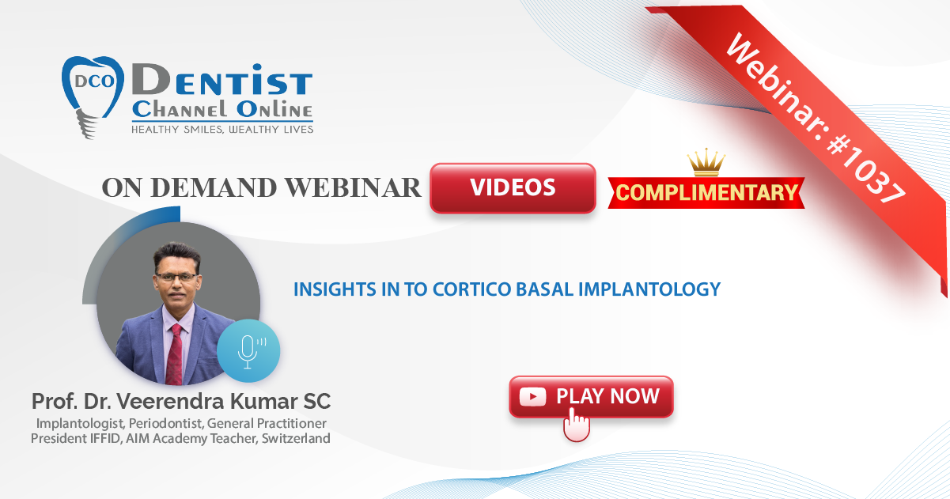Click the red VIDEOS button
513,187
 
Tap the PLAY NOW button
591,397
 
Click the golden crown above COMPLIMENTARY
706,162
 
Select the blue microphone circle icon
248,351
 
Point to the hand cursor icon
576,425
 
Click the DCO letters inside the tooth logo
94,81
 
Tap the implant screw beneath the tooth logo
86,124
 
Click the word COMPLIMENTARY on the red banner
706,192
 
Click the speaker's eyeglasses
176,278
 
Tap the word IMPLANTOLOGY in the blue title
649,289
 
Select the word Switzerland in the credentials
296,438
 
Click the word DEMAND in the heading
214,187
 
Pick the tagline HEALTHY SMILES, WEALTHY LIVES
222,130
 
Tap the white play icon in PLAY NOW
532,397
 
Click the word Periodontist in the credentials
165,424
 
